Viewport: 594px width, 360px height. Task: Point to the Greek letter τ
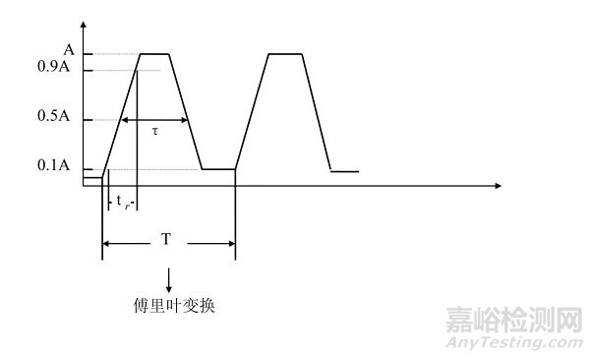pyautogui.click(x=154, y=131)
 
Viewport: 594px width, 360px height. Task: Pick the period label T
pyautogui.click(x=169, y=239)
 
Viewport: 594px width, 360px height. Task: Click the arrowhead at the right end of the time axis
pyautogui.click(x=498, y=185)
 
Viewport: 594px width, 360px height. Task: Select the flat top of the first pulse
pyautogui.click(x=155, y=54)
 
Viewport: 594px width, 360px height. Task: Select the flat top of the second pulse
pyautogui.click(x=284, y=54)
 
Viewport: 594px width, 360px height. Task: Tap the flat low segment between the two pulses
pyautogui.click(x=218, y=169)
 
